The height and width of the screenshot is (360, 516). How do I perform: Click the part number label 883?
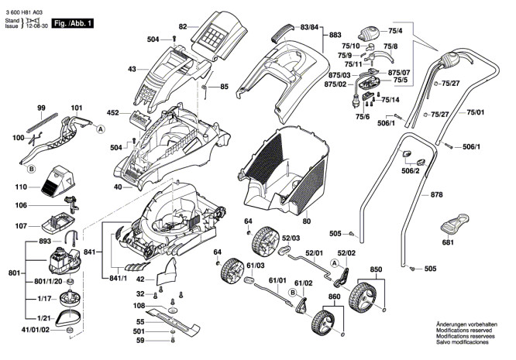[335, 36]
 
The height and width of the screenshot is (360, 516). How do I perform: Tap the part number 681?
[447, 242]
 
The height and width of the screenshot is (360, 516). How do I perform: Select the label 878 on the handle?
[437, 196]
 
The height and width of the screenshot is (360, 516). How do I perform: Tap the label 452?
[113, 113]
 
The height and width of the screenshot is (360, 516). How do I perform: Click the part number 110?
[21, 187]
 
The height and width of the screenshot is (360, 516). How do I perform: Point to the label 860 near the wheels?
[334, 297]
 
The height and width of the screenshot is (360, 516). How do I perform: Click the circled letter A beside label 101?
[101, 129]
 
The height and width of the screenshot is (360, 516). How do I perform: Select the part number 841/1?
[119, 278]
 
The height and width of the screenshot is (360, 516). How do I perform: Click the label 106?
[21, 205]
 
